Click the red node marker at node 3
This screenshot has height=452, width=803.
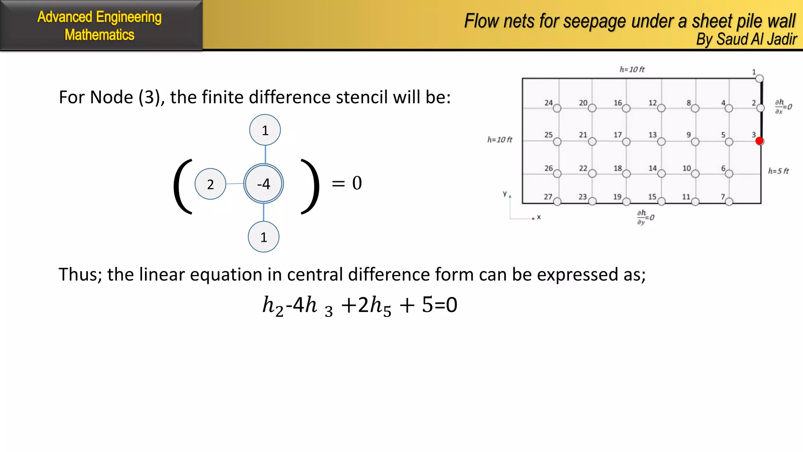[x=759, y=141]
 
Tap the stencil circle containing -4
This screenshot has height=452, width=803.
[x=263, y=184]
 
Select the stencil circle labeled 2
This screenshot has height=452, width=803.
[x=211, y=184]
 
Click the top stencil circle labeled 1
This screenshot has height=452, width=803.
[x=265, y=130]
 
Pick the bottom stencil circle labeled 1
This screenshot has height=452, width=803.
[x=263, y=237]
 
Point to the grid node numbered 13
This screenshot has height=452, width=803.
[x=661, y=141]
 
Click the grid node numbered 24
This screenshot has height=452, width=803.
[x=557, y=108]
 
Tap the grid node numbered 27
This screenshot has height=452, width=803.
[x=557, y=202]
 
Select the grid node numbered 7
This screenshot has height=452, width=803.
[x=729, y=202]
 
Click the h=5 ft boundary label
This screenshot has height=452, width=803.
[x=778, y=171]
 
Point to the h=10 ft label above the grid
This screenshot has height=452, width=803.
[x=632, y=69]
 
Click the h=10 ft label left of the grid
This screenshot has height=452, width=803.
[x=500, y=140]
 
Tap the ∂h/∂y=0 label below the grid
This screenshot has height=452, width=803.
[x=645, y=217]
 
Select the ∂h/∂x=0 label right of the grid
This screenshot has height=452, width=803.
[x=783, y=106]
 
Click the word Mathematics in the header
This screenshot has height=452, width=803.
[x=100, y=35]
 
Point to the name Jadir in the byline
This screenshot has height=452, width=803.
[x=782, y=39]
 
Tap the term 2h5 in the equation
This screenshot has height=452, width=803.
[x=374, y=305]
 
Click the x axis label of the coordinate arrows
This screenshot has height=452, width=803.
[x=539, y=217]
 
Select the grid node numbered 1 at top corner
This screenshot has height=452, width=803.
[x=759, y=78]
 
